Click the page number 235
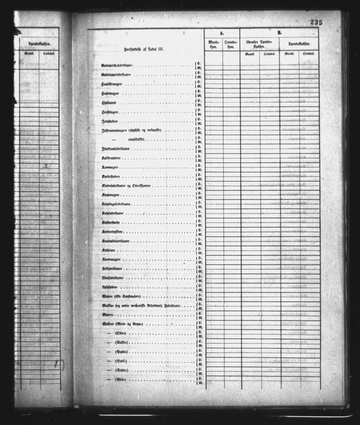coord(316,23)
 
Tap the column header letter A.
coord(222,33)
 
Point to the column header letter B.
coord(279,33)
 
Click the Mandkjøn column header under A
coord(213,45)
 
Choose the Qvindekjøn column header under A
coord(231,45)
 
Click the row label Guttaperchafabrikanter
coord(117,66)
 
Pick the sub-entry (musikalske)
coord(137,139)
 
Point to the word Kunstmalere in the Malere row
coord(131,296)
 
